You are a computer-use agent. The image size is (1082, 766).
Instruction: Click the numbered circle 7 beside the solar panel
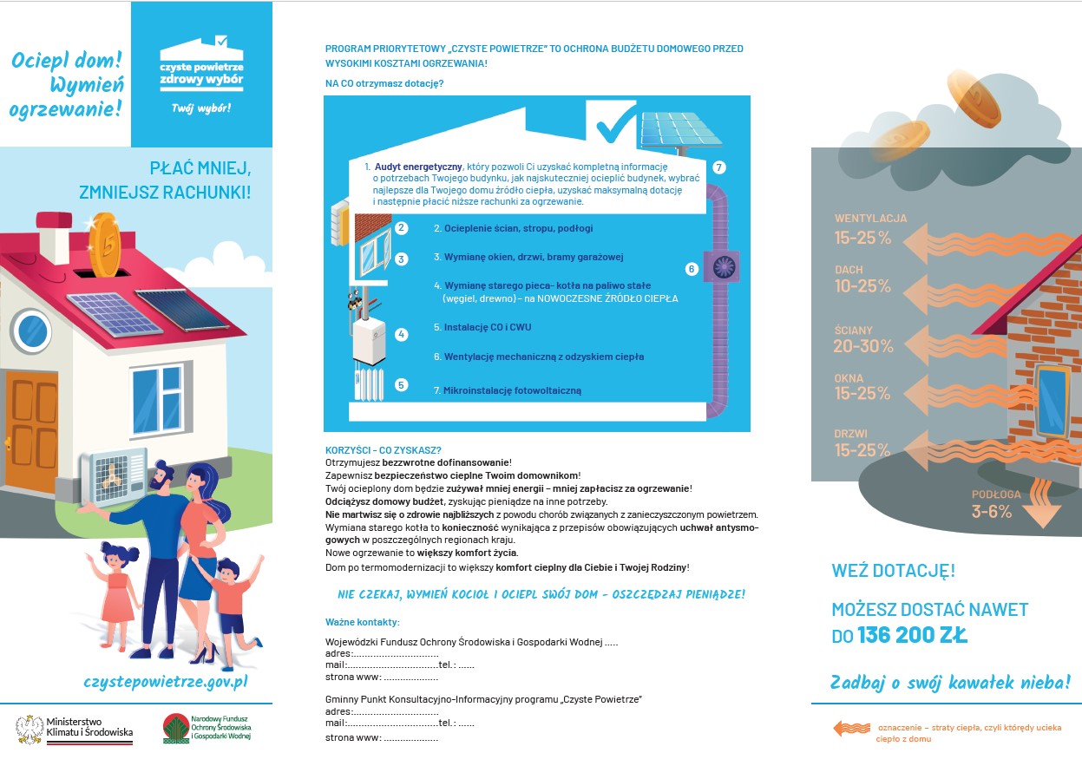click(x=718, y=167)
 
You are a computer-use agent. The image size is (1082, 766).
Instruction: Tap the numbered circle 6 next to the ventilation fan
click(x=692, y=269)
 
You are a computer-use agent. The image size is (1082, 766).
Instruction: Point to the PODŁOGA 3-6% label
click(x=991, y=504)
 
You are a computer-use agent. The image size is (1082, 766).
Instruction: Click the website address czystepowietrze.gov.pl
click(x=166, y=681)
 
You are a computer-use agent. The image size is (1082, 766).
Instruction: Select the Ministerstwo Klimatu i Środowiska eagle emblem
click(x=30, y=729)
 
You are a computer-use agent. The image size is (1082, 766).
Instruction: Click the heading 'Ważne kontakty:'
click(x=362, y=622)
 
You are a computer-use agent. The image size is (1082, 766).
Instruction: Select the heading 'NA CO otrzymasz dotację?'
click(x=384, y=83)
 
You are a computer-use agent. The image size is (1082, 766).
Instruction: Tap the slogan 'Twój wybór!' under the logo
click(x=200, y=108)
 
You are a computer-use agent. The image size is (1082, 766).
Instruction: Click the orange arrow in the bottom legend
click(x=851, y=729)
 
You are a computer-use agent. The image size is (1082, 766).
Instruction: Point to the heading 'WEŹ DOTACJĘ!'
click(x=893, y=571)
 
